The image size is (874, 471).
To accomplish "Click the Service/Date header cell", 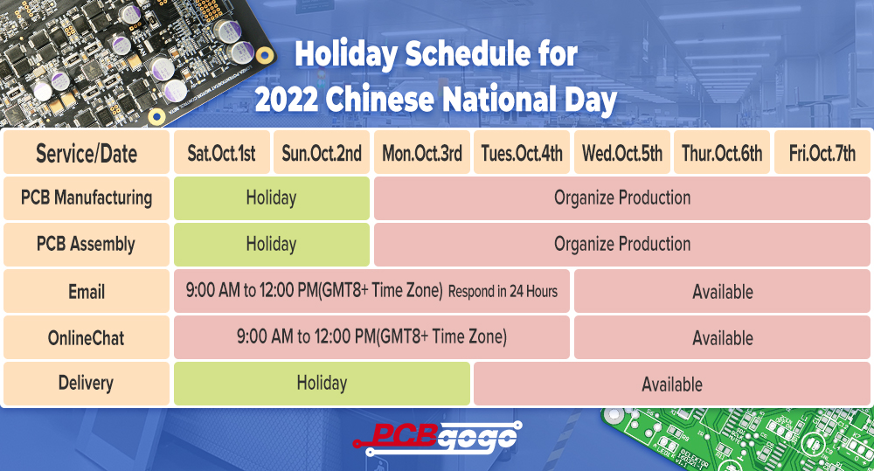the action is click(x=87, y=153).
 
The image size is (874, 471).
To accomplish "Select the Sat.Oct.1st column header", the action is click(x=222, y=153).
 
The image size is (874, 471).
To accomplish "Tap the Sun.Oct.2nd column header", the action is click(x=322, y=153).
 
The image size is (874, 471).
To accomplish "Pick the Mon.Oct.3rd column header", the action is click(x=422, y=153).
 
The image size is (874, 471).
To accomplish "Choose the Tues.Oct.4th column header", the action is click(x=522, y=153).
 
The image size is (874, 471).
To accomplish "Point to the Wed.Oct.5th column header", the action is click(x=622, y=153).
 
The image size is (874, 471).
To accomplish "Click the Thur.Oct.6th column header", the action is click(x=722, y=153).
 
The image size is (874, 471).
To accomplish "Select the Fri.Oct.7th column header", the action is click(x=822, y=153).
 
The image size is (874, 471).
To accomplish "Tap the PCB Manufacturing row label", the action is click(x=87, y=198).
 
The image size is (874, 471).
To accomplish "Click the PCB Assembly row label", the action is click(x=87, y=245).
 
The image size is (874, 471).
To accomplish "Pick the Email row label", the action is click(x=87, y=291).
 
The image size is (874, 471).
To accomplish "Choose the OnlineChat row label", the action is click(x=87, y=337).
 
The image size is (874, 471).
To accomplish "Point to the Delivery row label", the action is click(x=87, y=384).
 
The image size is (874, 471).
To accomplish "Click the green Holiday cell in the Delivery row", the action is click(x=322, y=384).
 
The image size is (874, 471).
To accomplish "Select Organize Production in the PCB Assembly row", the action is click(x=622, y=245).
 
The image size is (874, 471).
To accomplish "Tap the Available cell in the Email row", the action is click(x=723, y=291).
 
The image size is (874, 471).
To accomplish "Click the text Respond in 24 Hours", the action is click(x=503, y=292).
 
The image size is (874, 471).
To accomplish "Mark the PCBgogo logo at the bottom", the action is click(x=438, y=438).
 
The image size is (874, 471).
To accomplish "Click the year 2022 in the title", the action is click(x=287, y=100).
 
